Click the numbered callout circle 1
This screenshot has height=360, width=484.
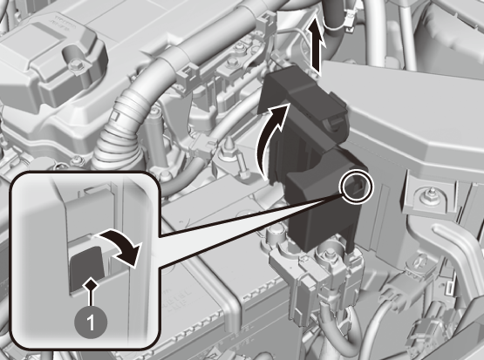[x=91, y=323]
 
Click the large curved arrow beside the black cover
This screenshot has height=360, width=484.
[x=271, y=136]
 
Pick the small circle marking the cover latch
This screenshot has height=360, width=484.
[x=356, y=187]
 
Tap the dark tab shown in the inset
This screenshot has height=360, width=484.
[x=85, y=266]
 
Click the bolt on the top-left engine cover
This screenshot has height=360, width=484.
[x=75, y=65]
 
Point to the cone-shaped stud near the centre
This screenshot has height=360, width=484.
[x=229, y=144]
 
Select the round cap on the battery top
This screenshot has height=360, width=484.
[x=276, y=233]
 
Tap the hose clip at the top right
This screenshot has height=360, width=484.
[x=351, y=21]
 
